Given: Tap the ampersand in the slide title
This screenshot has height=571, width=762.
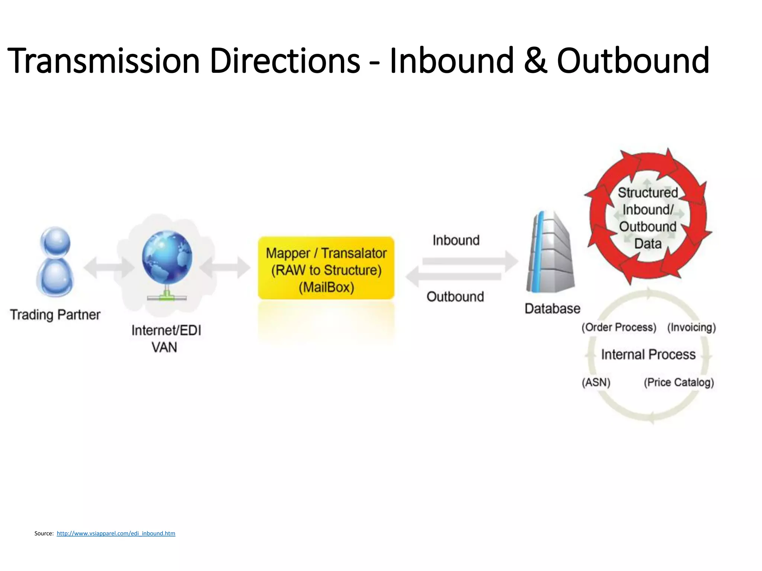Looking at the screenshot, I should click(x=535, y=61).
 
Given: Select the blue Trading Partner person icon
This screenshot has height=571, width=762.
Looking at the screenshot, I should click(x=55, y=262).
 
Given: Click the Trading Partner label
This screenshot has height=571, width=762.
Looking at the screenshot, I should click(x=55, y=315).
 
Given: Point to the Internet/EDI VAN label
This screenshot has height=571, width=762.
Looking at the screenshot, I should click(x=166, y=339).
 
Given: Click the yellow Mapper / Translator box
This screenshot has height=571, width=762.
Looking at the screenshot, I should click(x=326, y=268).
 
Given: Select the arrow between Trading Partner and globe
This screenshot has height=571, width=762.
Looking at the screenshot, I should click(x=109, y=267).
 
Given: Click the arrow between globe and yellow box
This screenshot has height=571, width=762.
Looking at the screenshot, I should click(x=225, y=267).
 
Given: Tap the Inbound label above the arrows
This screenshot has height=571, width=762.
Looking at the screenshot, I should click(x=456, y=241).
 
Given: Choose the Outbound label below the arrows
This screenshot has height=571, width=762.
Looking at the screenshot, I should click(x=455, y=297).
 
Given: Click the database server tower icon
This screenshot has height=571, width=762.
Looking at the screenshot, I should click(x=550, y=253).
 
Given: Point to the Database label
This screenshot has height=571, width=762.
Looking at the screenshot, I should click(x=552, y=309).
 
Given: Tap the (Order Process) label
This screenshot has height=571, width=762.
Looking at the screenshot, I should click(x=619, y=328).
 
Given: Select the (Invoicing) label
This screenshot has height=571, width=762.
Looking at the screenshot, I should click(x=691, y=328).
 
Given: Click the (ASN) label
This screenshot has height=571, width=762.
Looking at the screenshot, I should click(x=596, y=383).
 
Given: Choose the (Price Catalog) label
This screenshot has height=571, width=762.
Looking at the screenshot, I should click(x=679, y=383).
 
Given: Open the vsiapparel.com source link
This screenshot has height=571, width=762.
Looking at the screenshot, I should click(x=116, y=533).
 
